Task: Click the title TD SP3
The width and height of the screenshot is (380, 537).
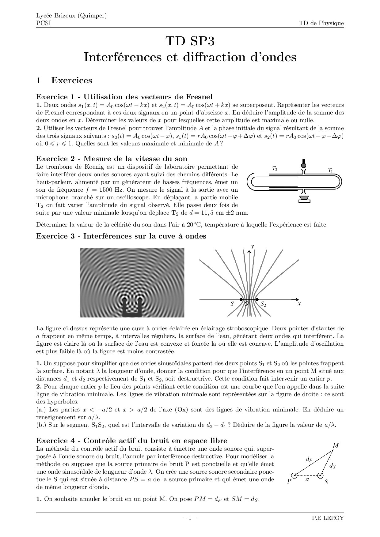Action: click(x=190, y=41)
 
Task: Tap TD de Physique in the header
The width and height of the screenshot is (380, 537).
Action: click(x=321, y=24)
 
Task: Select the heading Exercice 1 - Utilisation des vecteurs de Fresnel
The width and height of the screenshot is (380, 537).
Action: click(x=124, y=97)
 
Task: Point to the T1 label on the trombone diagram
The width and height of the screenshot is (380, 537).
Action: click(x=330, y=170)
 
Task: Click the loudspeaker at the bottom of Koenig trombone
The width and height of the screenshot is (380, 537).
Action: click(x=304, y=199)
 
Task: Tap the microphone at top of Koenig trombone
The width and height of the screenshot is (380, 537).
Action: click(x=304, y=164)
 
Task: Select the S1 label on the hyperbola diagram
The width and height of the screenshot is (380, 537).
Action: click(x=233, y=304)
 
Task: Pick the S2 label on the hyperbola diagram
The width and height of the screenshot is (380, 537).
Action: click(x=263, y=304)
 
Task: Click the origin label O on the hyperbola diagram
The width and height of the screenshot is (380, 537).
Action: click(x=246, y=304)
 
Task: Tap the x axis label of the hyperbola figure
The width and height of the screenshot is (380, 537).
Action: click(x=299, y=304)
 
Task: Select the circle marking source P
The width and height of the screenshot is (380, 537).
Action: click(x=294, y=475)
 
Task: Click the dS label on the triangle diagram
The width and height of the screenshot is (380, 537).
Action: click(x=332, y=466)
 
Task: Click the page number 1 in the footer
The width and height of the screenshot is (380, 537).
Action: click(x=190, y=518)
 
